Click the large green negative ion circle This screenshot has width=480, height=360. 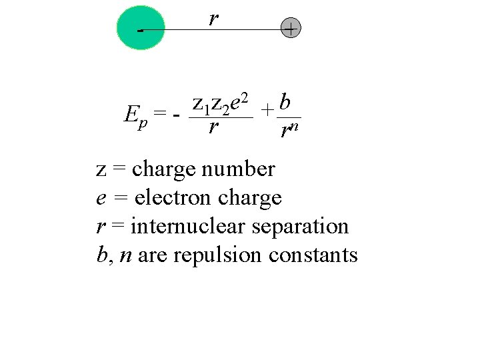pyautogui.click(x=140, y=28)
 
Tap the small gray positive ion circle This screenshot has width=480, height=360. pyautogui.click(x=291, y=29)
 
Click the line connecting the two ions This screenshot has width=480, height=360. pyautogui.click(x=220, y=30)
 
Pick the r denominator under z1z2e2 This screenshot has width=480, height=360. pyautogui.click(x=213, y=127)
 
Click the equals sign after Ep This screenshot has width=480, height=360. pyautogui.click(x=159, y=115)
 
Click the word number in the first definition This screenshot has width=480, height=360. pyautogui.click(x=243, y=169)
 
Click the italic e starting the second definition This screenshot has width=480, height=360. pyautogui.click(x=101, y=199)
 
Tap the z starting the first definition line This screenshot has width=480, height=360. pyautogui.click(x=101, y=170)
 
